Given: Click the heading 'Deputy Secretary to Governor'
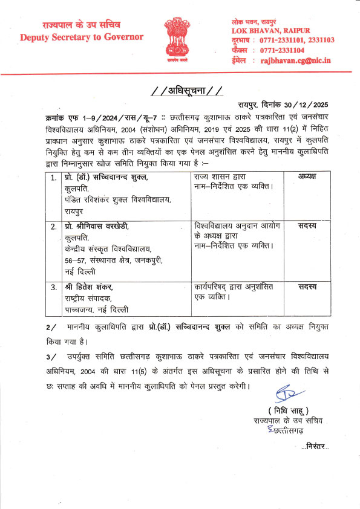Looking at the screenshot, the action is pyautogui.click(x=81, y=37).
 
